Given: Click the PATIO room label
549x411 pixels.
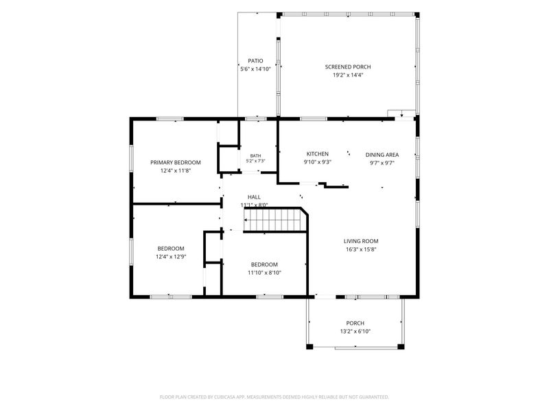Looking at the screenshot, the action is pos(255,61).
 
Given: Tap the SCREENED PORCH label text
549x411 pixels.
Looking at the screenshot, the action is pos(348,66).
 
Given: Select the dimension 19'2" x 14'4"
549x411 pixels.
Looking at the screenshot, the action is pos(348,75).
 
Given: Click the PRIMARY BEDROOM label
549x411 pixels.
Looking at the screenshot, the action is pos(176,162).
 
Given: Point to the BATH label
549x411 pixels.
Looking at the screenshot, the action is pos(255,155).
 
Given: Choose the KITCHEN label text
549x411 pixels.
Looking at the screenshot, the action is pos(318,153).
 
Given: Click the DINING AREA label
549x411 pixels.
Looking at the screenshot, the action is pos(382,155).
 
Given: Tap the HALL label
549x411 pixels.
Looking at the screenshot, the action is pos(254,197).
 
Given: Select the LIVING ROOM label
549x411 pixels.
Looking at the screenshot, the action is pos(361,241).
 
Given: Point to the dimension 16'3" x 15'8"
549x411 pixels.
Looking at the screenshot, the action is pos(361,249).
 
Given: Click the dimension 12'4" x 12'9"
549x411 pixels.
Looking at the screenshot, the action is pos(171,256).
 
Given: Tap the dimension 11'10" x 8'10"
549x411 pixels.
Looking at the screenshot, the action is pos(264,273).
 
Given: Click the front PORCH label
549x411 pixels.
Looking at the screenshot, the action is pos(355,323).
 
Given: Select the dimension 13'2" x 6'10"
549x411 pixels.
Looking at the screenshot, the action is pos(355,332).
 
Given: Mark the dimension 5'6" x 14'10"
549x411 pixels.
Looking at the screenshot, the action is pos(255,69).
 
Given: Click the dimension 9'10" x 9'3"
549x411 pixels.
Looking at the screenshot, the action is pos(318,162).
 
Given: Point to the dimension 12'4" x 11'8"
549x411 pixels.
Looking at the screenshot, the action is pos(176,171).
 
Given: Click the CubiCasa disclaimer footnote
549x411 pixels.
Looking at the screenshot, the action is pos(274,397).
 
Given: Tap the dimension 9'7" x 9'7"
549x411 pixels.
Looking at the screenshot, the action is pos(382,163).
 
